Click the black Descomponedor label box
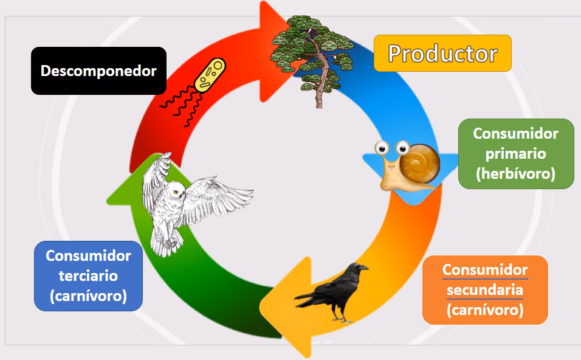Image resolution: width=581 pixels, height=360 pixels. pos(98,71)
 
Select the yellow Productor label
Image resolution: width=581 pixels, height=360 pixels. pos(442,54)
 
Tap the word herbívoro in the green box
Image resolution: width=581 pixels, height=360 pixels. pos(515,174)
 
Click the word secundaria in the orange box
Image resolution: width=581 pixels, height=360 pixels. pos(484,290)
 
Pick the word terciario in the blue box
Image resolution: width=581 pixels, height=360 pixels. pos(88,276)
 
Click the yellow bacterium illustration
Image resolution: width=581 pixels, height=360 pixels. pos(210,75)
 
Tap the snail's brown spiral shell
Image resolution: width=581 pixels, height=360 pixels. pos(420,164)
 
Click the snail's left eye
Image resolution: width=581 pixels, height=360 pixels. pos(382,148)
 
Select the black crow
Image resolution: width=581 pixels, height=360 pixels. pos(332,292)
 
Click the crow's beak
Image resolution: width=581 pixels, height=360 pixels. pos(364,268)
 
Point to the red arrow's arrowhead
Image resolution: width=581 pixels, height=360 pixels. pos(276,52)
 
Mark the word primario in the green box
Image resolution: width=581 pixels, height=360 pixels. pos(515,154)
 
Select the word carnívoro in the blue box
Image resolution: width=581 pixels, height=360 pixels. pos(88,296)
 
